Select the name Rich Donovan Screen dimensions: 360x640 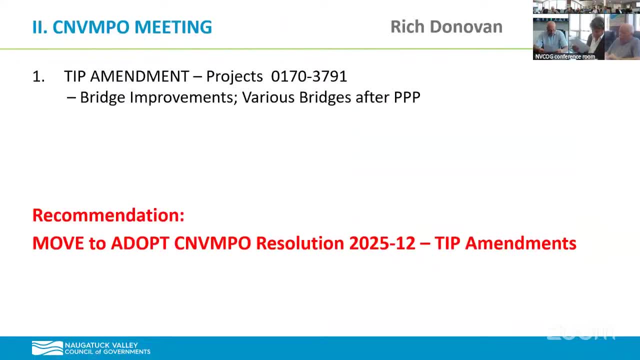446,27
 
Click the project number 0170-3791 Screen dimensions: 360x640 309,76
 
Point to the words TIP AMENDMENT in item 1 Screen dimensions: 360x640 126,76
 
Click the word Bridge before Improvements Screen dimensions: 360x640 103,97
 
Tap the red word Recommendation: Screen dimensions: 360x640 108,215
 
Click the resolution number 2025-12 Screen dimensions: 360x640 382,243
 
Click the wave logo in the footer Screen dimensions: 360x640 47,348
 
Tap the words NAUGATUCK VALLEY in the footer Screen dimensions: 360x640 101,345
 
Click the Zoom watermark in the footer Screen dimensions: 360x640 580,333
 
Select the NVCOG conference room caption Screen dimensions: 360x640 565,56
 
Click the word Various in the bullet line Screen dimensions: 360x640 268,97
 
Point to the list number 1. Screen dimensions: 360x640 38,76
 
